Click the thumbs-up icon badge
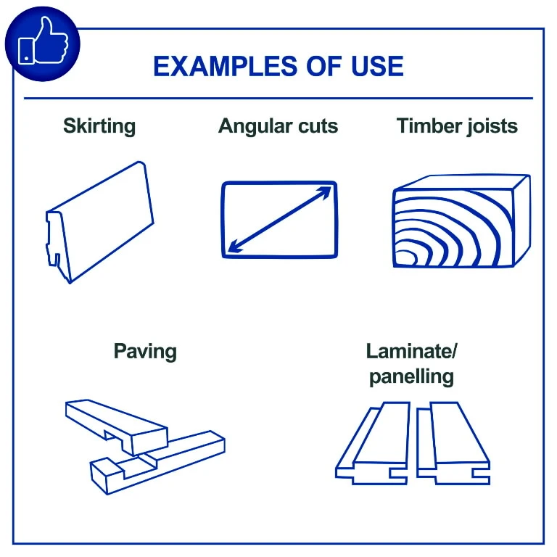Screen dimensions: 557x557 point(43,44)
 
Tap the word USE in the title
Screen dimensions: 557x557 point(377,67)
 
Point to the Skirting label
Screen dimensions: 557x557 point(99,126)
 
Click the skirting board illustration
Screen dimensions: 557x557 point(99,222)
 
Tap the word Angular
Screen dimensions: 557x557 point(255,127)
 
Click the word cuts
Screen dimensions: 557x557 point(318,126)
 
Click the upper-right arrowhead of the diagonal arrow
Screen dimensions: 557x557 point(325,192)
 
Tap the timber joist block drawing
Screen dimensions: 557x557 point(462,220)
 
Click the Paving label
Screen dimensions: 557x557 point(145,352)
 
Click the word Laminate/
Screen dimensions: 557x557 point(411,351)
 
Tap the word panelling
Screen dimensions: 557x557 point(411,376)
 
